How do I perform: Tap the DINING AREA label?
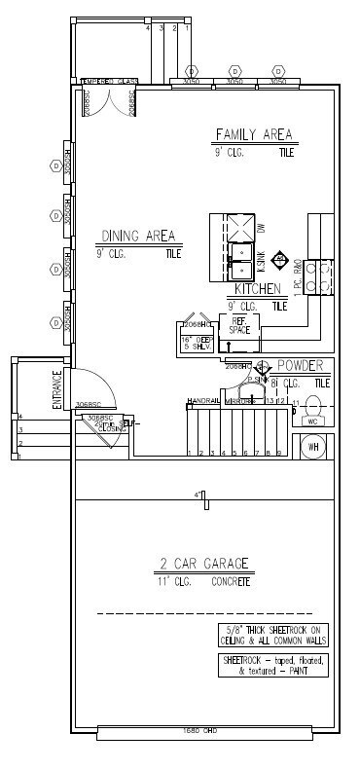(x=138, y=236)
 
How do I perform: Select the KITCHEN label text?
(x=257, y=289)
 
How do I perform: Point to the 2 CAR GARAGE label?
(x=204, y=563)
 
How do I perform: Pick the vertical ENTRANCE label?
(x=57, y=388)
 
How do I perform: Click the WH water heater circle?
(x=313, y=447)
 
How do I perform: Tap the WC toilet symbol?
(x=312, y=410)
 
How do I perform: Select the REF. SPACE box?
(x=239, y=327)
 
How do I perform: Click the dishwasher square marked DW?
(x=238, y=227)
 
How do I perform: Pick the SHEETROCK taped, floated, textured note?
(x=273, y=665)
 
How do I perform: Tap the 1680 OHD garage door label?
(x=198, y=730)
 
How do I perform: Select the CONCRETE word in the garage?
(x=231, y=581)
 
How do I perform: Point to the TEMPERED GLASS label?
(x=109, y=81)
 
